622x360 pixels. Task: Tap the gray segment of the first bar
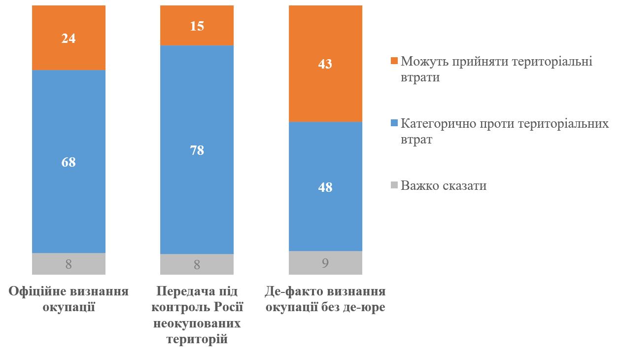(x=69, y=264)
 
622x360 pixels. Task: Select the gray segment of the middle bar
(x=197, y=264)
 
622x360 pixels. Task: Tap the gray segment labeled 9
(x=325, y=262)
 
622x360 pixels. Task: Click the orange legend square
(x=393, y=61)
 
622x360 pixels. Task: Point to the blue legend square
(x=393, y=123)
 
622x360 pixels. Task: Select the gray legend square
(x=393, y=186)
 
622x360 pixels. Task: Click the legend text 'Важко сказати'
(x=444, y=186)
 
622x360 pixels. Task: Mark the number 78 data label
(x=197, y=150)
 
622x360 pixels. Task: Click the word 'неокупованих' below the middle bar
(x=197, y=324)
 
